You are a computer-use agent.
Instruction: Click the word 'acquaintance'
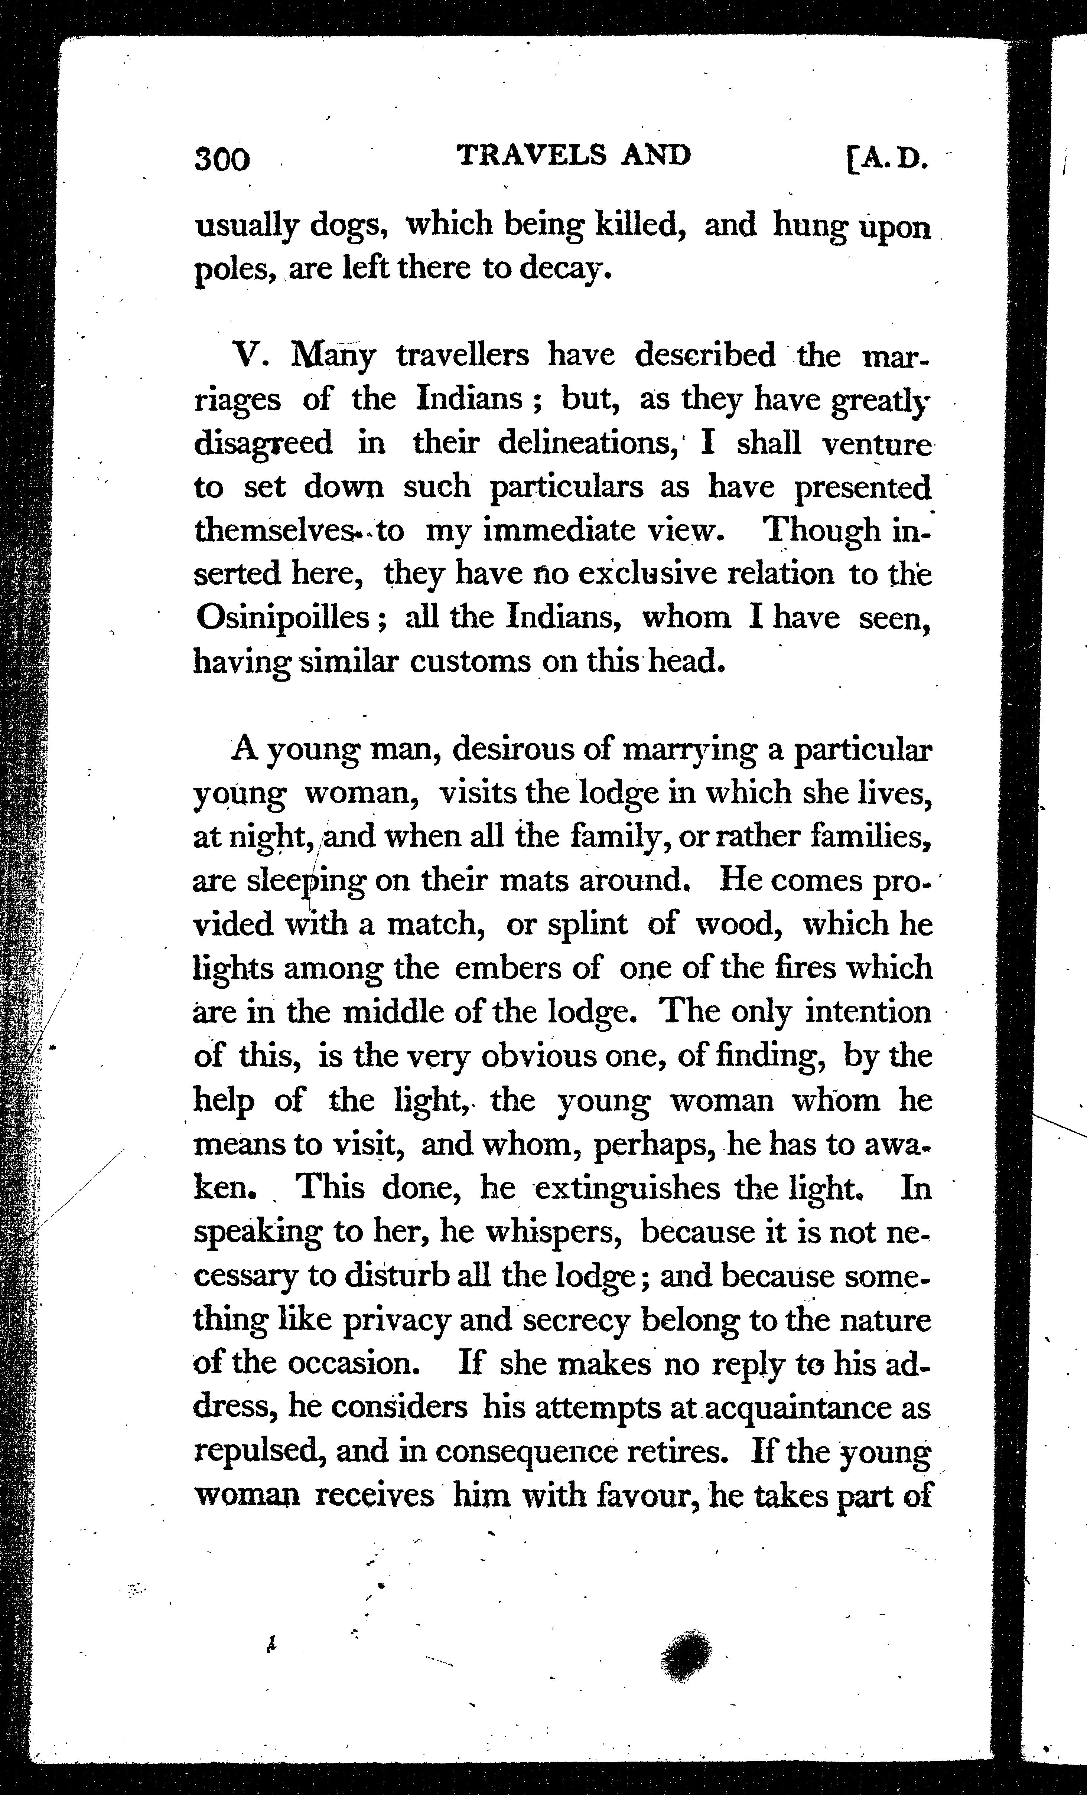point(800,1407)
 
